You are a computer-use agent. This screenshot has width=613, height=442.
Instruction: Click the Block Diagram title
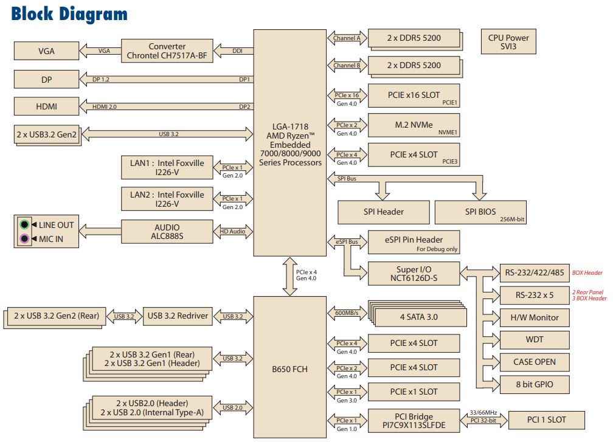pos(69,13)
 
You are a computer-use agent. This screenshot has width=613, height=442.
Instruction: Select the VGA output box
pos(46,52)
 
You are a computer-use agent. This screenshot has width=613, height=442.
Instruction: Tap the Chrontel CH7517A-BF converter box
pos(167,51)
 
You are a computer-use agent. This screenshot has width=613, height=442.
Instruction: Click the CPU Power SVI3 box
pos(508,42)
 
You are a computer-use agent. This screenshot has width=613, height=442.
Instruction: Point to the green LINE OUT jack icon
pos(24,225)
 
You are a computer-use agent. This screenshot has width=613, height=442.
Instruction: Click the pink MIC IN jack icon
pos(24,239)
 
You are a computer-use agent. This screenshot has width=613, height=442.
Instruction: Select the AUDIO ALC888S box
pos(167,231)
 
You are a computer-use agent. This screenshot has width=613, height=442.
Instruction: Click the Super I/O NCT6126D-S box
pos(414,272)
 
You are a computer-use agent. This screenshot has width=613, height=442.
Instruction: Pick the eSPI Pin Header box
pos(414,243)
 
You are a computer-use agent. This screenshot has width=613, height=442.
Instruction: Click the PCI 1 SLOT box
pos(545,420)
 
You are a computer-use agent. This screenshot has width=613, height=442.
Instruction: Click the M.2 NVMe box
pos(414,125)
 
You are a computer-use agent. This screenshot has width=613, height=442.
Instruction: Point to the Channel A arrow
pos(347,38)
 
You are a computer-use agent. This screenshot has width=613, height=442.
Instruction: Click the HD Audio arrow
pos(232,231)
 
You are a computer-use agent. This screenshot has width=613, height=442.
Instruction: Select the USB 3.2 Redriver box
pos(178,316)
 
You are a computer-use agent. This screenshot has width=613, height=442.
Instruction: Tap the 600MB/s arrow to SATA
pos(347,314)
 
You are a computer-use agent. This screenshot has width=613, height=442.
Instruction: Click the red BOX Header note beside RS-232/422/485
pos(587,273)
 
